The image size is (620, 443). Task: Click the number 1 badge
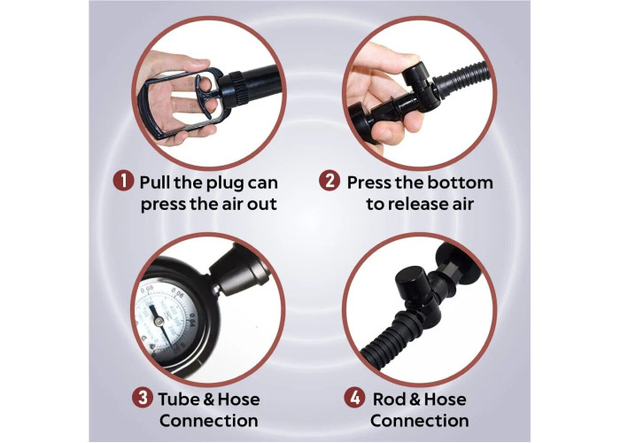[x=123, y=181]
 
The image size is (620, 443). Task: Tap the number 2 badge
[x=329, y=181]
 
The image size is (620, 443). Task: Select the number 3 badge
[x=143, y=397]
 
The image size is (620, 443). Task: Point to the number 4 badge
[x=354, y=397]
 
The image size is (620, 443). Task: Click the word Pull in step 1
[x=155, y=183]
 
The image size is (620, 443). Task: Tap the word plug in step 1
[x=226, y=184]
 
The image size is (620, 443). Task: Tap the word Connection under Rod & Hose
[x=420, y=421]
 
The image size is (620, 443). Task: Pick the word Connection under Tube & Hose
[x=209, y=421]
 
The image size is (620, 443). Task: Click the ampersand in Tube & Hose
[x=208, y=400]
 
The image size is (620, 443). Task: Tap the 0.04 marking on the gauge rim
[x=192, y=317]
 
